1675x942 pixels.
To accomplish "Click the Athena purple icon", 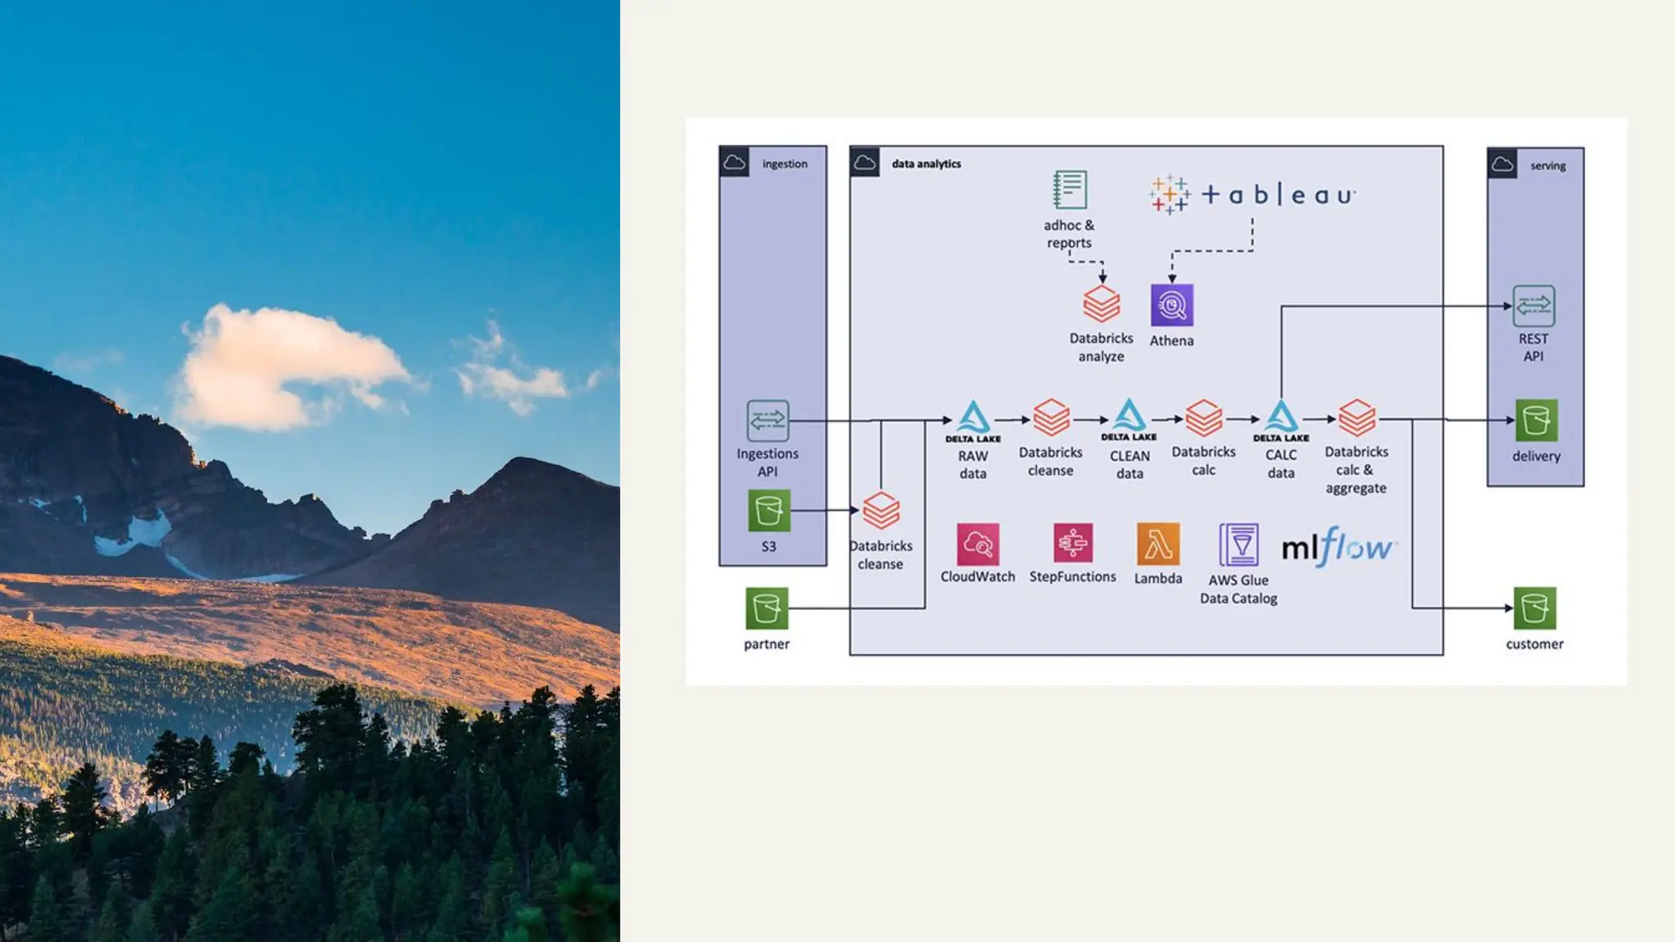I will coord(1171,305).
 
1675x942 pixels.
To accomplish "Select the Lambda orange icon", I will coord(1157,544).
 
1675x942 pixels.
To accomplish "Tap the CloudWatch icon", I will coord(977,544).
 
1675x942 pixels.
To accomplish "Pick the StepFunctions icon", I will coord(1072,543).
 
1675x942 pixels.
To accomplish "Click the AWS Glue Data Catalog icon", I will coord(1238,545).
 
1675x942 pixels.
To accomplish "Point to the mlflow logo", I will coord(1339,546).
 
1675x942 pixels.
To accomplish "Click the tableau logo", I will coord(1251,195).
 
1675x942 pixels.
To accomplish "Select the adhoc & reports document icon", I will coord(1069,190).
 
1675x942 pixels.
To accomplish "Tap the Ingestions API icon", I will coord(767,420).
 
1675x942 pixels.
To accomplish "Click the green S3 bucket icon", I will coord(769,510).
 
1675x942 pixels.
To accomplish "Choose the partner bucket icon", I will coord(766,608).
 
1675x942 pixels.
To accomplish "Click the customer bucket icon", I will coord(1534,608).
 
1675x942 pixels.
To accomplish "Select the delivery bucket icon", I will coord(1535,420).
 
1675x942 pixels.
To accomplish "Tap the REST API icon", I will coord(1534,306).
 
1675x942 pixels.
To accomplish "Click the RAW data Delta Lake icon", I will coord(973,419).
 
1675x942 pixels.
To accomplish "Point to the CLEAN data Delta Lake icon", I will coord(1129,417).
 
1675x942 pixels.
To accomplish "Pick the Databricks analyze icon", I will coord(1101,304).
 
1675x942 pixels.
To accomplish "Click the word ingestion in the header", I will coord(784,164).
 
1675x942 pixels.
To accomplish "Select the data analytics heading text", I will coord(926,164).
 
